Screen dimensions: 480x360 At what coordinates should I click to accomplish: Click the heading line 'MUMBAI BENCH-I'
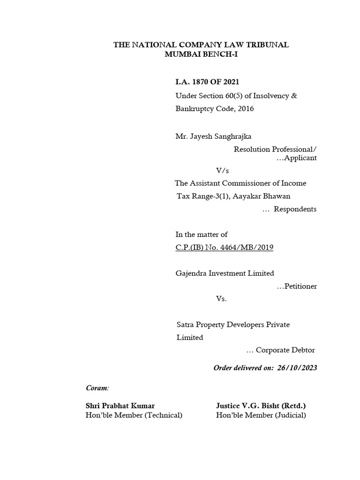pyautogui.click(x=202, y=54)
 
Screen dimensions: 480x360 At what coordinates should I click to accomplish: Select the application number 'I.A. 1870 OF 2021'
pyautogui.click(x=207, y=82)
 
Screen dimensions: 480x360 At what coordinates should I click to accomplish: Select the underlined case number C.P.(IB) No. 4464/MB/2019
pyautogui.click(x=224, y=247)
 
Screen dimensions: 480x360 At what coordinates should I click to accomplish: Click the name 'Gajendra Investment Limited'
pyautogui.click(x=224, y=273)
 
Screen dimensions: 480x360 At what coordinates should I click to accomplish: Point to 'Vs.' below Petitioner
pyautogui.click(x=221, y=299)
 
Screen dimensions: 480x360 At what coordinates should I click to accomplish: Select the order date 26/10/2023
pyautogui.click(x=300, y=368)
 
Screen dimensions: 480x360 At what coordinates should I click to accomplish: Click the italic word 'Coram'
pyautogui.click(x=97, y=388)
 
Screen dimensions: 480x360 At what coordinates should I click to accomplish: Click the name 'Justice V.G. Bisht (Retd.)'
pyautogui.click(x=261, y=405)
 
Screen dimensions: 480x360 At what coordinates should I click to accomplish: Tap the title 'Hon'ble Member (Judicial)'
pyautogui.click(x=261, y=415)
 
